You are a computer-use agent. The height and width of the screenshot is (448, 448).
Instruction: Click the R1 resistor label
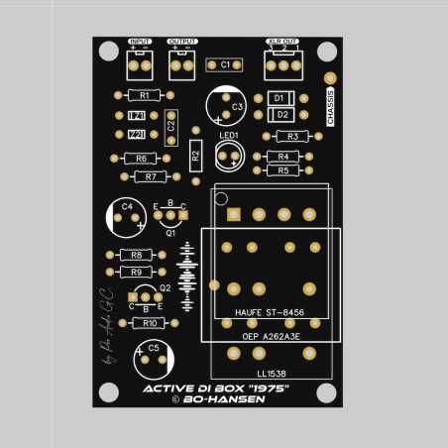[x=145, y=95]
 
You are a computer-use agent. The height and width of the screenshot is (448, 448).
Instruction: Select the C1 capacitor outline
[x=225, y=64]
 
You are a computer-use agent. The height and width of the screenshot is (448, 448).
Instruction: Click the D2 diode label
[x=282, y=115]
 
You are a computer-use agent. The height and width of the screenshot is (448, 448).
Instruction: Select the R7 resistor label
[x=150, y=176]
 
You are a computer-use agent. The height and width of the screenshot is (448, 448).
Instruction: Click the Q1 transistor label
[x=170, y=234]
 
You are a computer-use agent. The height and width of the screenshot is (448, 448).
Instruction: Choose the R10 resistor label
[x=149, y=323]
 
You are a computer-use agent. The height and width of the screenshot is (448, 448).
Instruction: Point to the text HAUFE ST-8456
[x=270, y=312]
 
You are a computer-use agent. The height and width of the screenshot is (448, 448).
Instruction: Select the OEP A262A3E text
[x=271, y=337]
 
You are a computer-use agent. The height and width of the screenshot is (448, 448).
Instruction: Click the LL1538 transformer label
[x=270, y=373]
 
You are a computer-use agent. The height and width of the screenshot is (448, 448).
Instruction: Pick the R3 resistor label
[x=291, y=136]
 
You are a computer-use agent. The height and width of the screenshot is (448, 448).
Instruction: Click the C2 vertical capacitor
[x=170, y=126]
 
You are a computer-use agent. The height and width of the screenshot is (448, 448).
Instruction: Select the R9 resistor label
[x=136, y=272]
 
